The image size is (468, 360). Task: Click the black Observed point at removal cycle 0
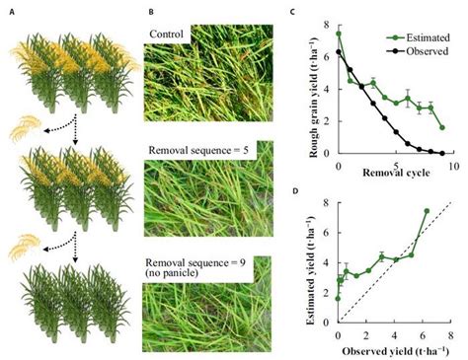pos(339,52)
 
